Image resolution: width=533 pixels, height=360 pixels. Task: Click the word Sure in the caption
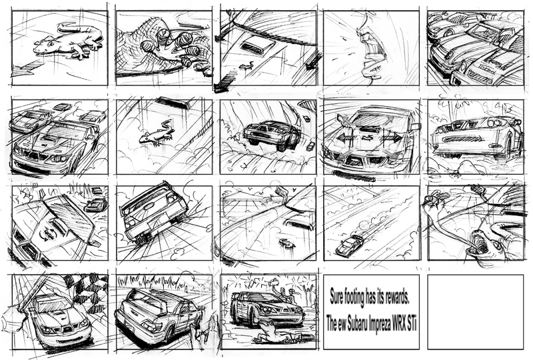tap(338, 297)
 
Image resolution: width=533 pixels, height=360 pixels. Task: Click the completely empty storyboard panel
tap(475, 312)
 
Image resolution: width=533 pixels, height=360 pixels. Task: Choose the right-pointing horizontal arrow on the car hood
tap(391, 137)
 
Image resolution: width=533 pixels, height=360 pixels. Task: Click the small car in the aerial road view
tap(349, 245)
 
